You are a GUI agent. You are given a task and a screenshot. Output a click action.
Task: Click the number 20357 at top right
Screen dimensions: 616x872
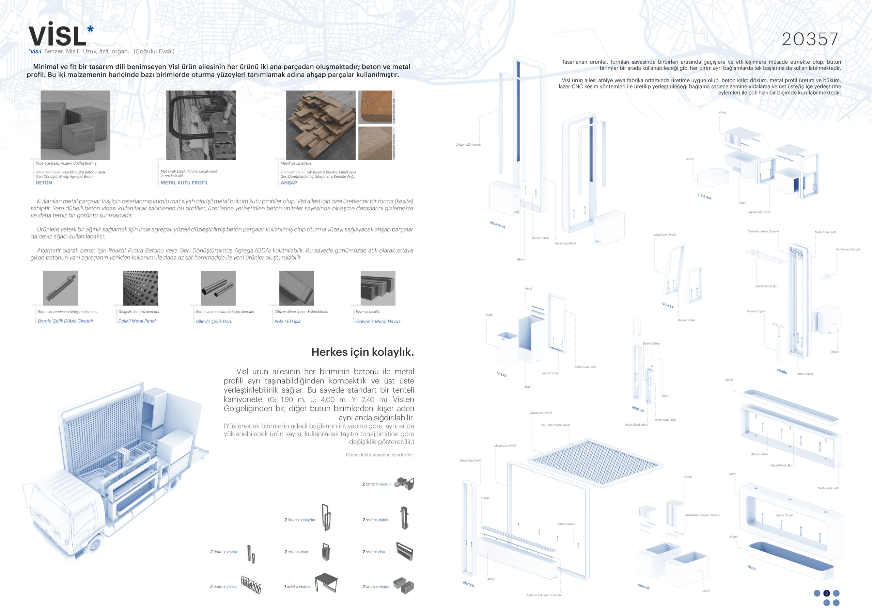[x=810, y=39]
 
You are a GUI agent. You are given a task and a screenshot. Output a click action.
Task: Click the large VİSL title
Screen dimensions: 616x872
[x=58, y=36]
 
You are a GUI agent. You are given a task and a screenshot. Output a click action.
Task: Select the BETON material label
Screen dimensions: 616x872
[x=44, y=182]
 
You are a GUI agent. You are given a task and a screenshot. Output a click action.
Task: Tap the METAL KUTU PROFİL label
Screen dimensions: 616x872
[x=184, y=182]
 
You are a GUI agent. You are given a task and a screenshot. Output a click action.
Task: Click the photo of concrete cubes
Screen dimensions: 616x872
[x=75, y=125]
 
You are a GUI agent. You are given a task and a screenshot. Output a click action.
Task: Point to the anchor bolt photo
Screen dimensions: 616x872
[x=60, y=288]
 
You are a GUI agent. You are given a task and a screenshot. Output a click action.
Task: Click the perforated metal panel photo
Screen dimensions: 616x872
[x=141, y=288]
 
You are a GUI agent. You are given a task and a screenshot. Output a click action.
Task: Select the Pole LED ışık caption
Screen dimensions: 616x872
[x=287, y=322]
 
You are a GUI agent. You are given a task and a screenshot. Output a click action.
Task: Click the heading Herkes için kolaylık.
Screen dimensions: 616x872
[x=362, y=352]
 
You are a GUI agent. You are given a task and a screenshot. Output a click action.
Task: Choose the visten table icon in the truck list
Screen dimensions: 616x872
[x=326, y=582]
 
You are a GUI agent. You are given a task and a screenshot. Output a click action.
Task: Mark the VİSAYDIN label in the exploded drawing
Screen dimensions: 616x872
[x=497, y=225]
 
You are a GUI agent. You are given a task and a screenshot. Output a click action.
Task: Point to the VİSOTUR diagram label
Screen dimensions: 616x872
[x=704, y=196]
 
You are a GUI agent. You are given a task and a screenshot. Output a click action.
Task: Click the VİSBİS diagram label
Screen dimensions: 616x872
[x=782, y=371]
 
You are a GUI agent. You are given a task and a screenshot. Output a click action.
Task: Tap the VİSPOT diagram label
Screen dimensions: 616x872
[x=644, y=586]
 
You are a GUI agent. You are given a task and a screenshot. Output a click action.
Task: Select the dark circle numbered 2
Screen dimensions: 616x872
[x=826, y=593]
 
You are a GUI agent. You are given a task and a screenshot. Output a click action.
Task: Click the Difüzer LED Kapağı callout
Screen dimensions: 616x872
[x=468, y=145]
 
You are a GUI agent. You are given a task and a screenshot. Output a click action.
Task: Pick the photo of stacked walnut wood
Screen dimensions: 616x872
[x=321, y=125]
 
